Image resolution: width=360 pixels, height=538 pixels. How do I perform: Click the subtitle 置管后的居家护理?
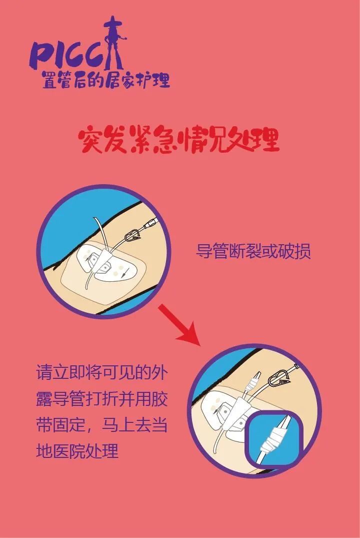pyautogui.click(x=106, y=80)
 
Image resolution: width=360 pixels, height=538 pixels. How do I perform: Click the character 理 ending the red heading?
pyautogui.click(x=264, y=140)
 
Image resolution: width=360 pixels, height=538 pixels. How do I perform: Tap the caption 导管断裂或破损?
pyautogui.click(x=253, y=251)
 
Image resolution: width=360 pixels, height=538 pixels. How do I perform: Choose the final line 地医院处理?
pyautogui.click(x=77, y=452)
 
